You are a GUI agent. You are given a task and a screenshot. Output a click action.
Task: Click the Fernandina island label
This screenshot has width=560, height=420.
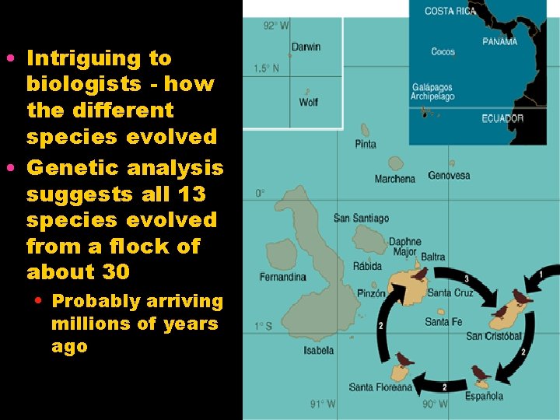(282, 277)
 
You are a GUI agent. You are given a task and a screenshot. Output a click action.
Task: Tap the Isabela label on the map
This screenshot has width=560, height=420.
(319, 350)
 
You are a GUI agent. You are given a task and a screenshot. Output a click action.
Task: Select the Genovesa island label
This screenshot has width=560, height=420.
(449, 175)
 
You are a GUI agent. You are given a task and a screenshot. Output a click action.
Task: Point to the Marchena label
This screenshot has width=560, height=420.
(395, 179)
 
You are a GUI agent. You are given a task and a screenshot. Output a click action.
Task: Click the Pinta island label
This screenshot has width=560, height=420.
(366, 144)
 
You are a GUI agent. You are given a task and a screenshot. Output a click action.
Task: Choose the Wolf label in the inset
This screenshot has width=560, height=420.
(309, 102)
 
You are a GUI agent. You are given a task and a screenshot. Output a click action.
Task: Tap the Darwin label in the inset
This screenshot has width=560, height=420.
(306, 47)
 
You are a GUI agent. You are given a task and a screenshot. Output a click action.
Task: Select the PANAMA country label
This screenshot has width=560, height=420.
(499, 41)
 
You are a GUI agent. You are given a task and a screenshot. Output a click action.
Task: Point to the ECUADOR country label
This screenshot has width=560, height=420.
(502, 118)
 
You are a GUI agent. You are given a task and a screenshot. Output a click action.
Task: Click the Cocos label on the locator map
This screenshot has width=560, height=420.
(443, 52)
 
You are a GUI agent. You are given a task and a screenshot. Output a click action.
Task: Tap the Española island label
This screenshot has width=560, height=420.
(484, 396)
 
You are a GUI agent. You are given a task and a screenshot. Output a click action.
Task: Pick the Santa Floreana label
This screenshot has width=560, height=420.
(380, 387)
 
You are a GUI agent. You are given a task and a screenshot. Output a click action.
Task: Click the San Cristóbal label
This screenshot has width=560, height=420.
(494, 336)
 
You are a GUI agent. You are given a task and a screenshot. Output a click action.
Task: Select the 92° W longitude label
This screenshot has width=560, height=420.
(276, 26)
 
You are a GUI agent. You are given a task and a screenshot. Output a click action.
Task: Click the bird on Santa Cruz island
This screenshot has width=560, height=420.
(420, 274)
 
